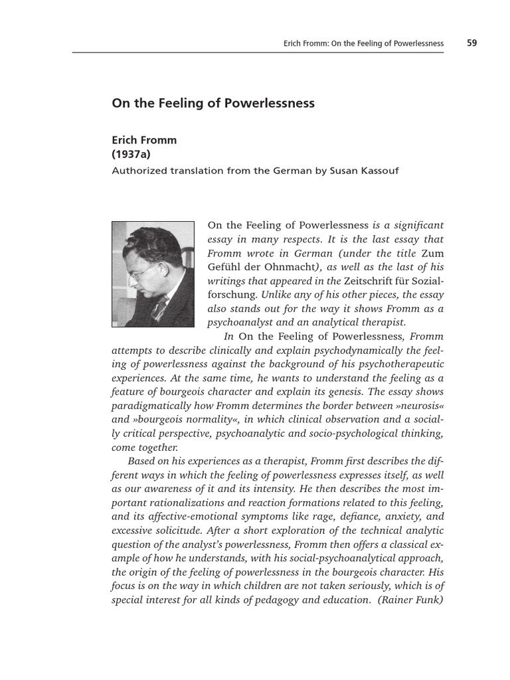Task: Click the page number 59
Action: (471, 43)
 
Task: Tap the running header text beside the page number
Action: (363, 44)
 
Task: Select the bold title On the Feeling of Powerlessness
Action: (212, 104)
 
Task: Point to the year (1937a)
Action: (131, 155)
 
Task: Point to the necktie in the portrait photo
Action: (160, 306)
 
